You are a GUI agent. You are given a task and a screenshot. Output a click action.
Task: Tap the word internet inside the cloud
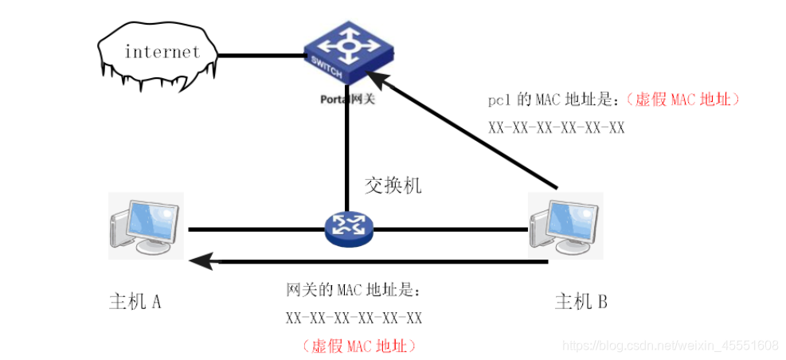162,53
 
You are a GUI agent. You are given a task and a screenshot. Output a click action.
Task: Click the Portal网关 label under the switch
347,100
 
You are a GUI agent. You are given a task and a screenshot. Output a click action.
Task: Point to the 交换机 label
393,186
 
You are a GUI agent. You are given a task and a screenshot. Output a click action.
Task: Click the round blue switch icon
348,229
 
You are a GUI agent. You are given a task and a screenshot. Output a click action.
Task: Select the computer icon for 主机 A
146,226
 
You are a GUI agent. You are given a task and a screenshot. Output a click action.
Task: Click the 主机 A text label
135,301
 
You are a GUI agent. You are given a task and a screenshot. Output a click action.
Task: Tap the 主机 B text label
581,301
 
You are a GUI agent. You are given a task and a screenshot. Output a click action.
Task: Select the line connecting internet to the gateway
260,56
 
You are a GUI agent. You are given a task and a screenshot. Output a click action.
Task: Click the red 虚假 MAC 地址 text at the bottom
358,346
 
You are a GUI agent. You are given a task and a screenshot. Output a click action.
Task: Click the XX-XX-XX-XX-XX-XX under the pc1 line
556,127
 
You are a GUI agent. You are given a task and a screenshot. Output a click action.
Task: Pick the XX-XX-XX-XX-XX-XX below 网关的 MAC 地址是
354,318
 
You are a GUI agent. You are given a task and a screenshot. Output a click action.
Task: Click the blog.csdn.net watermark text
670,346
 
